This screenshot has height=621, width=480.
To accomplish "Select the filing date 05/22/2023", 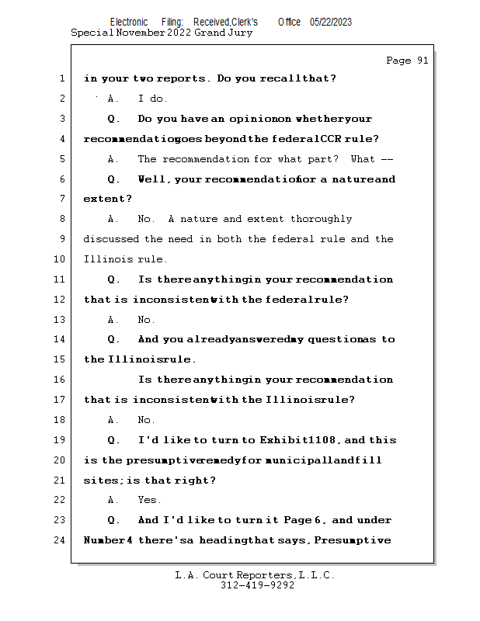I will click(x=330, y=22).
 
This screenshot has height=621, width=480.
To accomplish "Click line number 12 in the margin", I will click(x=61, y=300).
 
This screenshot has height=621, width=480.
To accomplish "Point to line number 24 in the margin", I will click(x=61, y=540).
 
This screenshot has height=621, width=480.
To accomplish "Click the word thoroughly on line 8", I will click(x=318, y=219).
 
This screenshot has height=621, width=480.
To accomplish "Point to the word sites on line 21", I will click(x=99, y=480).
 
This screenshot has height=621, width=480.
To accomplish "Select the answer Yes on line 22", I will click(x=148, y=500).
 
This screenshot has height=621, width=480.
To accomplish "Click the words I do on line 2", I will click(x=153, y=99).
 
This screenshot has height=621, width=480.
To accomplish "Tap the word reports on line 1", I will click(x=184, y=78).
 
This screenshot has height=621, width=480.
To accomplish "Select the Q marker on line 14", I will click(x=113, y=339).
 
